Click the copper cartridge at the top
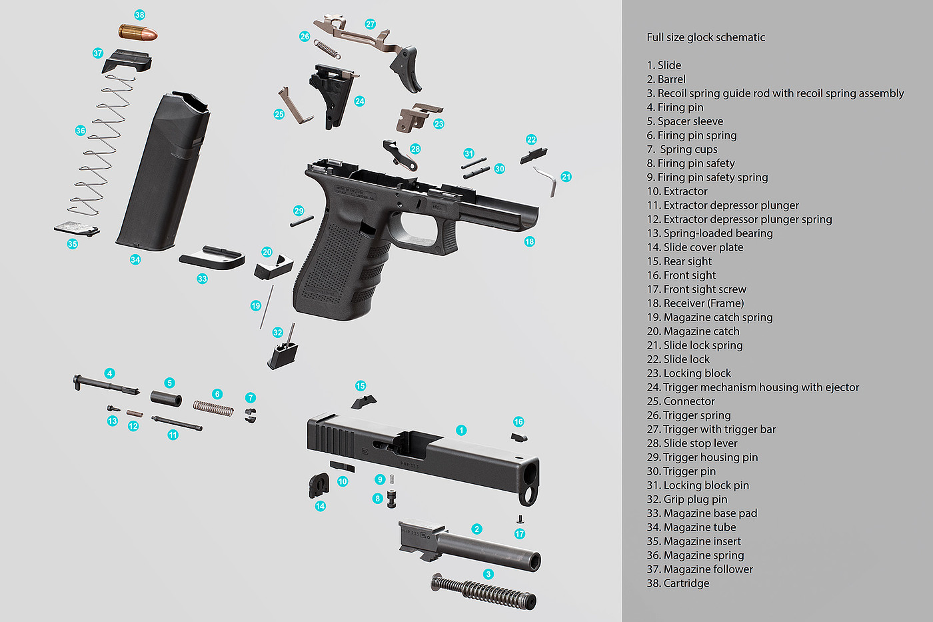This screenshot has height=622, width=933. (x=138, y=33)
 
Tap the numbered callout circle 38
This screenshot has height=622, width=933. (x=139, y=15)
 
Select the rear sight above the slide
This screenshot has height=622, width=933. (x=364, y=401)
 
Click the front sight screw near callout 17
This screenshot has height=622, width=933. (x=520, y=519)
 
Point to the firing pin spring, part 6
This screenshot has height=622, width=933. (x=213, y=408)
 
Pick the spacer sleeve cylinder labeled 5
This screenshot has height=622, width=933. (x=166, y=398)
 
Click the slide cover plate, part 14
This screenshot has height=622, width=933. (x=319, y=485)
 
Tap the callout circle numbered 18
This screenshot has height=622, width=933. (x=529, y=241)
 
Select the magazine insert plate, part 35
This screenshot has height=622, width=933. (x=77, y=228)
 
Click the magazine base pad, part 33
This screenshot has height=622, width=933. (x=212, y=258)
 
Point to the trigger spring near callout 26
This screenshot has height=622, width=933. (x=327, y=49)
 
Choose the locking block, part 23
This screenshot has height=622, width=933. (x=418, y=117)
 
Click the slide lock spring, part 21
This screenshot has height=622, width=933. (x=547, y=180)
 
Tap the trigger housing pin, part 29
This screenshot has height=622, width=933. (x=301, y=221)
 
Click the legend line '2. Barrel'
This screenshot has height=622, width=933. (x=666, y=79)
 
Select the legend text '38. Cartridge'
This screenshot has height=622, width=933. (x=678, y=583)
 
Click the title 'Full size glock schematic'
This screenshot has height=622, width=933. (x=706, y=37)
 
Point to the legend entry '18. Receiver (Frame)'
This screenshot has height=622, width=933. (x=696, y=303)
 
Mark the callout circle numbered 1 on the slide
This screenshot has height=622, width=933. (x=461, y=430)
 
